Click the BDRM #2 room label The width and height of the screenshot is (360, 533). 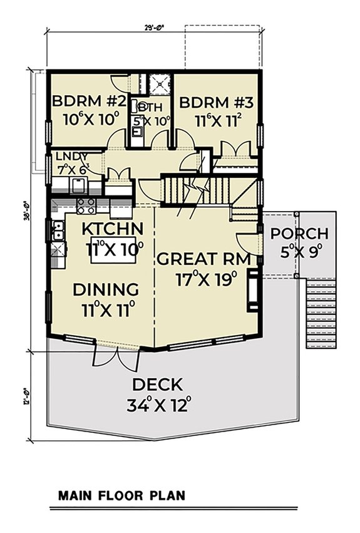point(90,101)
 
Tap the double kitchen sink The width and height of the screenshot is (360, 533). point(58,232)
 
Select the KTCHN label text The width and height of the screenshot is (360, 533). point(113,229)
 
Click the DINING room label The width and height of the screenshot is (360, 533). point(106,289)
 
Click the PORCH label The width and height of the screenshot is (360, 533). point(299,234)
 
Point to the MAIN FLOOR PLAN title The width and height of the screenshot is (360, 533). point(122,495)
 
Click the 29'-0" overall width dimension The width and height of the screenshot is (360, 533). point(153,26)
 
